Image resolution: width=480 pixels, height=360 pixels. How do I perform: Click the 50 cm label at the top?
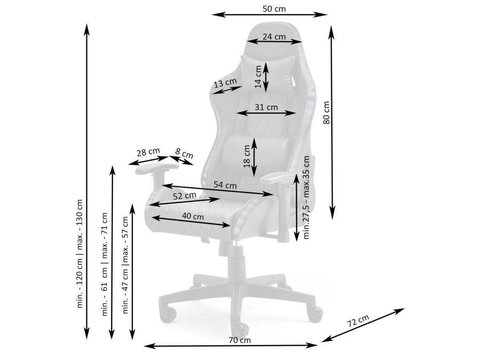click(274, 9)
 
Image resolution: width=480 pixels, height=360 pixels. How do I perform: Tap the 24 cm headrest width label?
click(274, 37)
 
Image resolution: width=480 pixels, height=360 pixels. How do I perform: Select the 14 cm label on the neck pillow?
click(258, 76)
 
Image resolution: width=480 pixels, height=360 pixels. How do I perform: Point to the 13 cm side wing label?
click(225, 83)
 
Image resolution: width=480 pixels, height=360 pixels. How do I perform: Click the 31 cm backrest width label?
click(266, 107)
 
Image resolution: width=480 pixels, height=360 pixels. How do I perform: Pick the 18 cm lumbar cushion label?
click(247, 156)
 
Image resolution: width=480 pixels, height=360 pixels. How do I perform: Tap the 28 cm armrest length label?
click(148, 152)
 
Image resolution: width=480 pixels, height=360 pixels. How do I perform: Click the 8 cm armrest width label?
click(185, 153)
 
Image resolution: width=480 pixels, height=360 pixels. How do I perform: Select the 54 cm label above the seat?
click(225, 185)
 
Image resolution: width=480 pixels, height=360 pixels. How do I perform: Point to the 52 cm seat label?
click(185, 196)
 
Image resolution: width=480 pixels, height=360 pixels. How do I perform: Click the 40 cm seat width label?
click(193, 216)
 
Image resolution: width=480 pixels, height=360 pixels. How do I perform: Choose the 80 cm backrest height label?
click(326, 113)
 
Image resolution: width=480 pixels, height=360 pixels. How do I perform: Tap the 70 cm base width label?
click(239, 340)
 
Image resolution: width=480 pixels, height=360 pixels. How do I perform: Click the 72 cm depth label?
click(358, 320)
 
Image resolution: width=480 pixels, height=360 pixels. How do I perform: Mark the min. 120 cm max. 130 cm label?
click(79, 253)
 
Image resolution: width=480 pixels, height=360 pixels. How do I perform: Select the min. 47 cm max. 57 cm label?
click(125, 265)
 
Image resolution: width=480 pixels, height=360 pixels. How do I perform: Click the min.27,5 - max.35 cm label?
click(306, 197)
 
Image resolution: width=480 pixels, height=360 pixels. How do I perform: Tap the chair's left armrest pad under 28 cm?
click(156, 168)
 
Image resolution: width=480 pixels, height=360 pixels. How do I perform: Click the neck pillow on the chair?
click(268, 73)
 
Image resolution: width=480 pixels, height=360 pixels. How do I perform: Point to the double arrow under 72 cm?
click(363, 325)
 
